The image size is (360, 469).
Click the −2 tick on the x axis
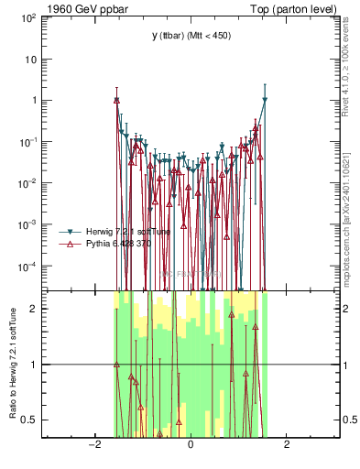pos(93,445)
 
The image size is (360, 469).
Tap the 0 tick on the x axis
pos(190,445)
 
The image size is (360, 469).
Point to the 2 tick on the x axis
pos(287,445)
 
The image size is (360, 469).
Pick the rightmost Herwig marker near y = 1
pos(265,100)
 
